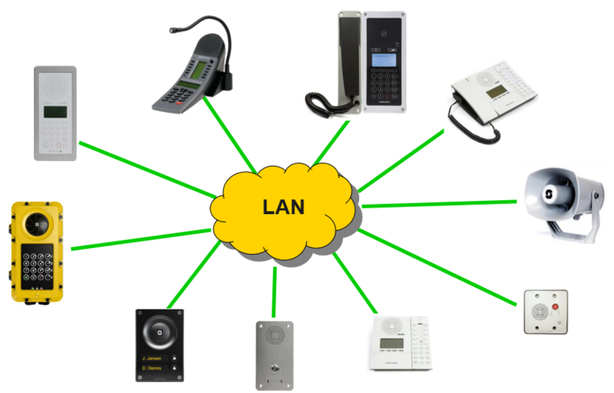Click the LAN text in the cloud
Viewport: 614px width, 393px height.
tap(283, 206)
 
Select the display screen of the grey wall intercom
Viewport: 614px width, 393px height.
tap(54, 112)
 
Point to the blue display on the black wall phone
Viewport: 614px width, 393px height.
tap(384, 59)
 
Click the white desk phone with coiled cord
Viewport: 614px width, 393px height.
tap(491, 96)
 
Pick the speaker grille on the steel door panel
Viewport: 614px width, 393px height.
tap(274, 335)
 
